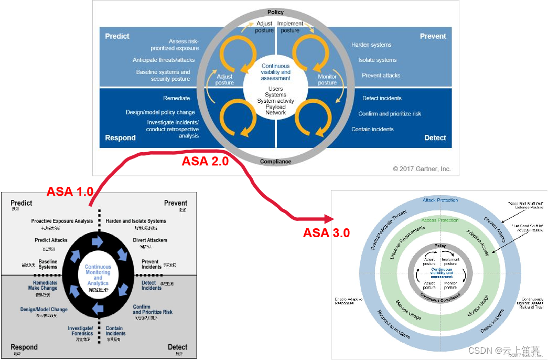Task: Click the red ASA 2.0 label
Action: [205, 162]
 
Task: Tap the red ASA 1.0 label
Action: [70, 192]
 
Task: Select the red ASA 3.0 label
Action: [326, 232]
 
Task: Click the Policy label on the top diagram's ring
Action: [275, 12]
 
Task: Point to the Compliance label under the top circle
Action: [275, 162]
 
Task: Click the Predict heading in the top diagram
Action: [117, 36]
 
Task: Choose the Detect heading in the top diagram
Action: [435, 137]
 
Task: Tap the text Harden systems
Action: [371, 45]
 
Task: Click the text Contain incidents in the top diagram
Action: [372, 129]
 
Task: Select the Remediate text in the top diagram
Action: [176, 98]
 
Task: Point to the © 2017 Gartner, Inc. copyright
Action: [422, 169]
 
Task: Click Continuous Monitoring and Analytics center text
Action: [98, 275]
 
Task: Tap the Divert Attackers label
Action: [150, 240]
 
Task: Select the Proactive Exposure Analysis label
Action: [62, 221]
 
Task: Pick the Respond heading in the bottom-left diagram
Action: [24, 347]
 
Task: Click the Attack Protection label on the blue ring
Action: [440, 200]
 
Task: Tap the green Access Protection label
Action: [439, 220]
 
